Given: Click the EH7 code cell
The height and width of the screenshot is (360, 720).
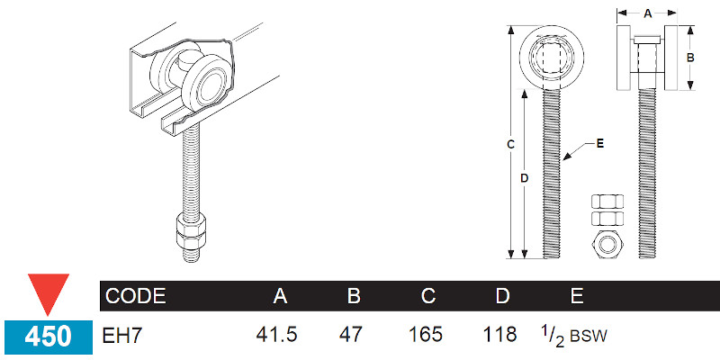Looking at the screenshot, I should click(x=125, y=335).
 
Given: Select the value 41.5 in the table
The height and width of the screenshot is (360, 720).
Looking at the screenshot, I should click(x=278, y=335).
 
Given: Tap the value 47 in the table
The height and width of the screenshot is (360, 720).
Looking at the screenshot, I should click(x=350, y=335).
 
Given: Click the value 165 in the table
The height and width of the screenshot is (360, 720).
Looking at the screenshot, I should click(x=426, y=335).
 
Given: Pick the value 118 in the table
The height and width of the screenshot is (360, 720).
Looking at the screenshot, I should click(x=500, y=335).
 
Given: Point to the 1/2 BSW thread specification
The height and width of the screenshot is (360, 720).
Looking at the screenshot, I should click(x=575, y=335).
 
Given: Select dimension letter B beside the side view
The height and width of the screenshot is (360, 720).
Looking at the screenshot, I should click(x=691, y=57).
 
